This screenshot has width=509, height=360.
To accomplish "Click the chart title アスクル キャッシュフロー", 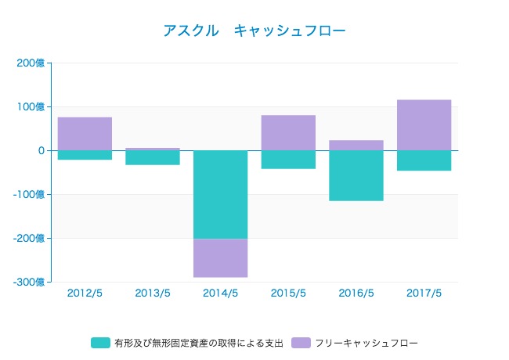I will pos(254,31).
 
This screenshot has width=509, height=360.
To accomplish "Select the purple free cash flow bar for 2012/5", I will pos(85,133).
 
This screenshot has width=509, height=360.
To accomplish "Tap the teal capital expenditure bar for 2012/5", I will pos(85,155).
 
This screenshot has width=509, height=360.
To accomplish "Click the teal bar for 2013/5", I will pos(153,157).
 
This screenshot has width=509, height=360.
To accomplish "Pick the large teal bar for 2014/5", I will pos(220,194).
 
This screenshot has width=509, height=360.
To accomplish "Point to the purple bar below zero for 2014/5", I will pos(220,257).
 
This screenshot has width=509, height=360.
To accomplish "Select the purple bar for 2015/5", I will pos(288,132).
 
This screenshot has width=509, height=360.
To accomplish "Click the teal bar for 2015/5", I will pos(288,160).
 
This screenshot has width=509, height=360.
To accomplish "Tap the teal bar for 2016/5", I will pos(356,175).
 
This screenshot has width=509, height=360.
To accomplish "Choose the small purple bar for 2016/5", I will pos(356,145).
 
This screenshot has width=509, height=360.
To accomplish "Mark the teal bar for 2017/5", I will pos(424,160).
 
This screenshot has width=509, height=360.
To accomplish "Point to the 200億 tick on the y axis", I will pos(31,63).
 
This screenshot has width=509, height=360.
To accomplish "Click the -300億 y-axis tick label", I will pos(30,282).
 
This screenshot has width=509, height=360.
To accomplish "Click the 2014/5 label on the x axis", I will pos(220,293).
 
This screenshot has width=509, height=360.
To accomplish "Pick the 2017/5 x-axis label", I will pos(424,293).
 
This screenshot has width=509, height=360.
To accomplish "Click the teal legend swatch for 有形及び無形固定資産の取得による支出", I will pos(100,343).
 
